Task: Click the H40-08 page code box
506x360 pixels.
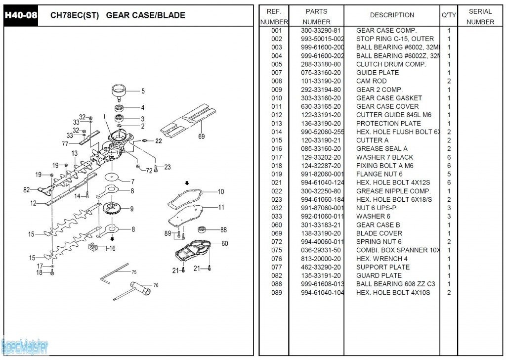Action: click(21, 15)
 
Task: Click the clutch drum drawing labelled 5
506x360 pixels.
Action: click(119, 90)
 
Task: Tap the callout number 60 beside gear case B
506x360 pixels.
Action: click(225, 243)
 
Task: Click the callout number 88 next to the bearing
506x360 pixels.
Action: click(223, 229)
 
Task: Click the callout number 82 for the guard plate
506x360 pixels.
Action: click(26, 189)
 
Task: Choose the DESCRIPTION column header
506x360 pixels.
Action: click(392, 15)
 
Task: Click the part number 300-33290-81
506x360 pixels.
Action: click(321, 30)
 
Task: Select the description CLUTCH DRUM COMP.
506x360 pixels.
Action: click(391, 64)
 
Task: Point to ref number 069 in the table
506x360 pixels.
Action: click(277, 233)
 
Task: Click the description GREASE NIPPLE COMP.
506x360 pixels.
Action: click(393, 191)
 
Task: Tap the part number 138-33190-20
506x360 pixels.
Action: click(321, 233)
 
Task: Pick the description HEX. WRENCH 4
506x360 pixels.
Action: click(382, 259)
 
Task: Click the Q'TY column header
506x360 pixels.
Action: click(449, 15)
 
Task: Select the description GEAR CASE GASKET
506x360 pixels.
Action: click(389, 98)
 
